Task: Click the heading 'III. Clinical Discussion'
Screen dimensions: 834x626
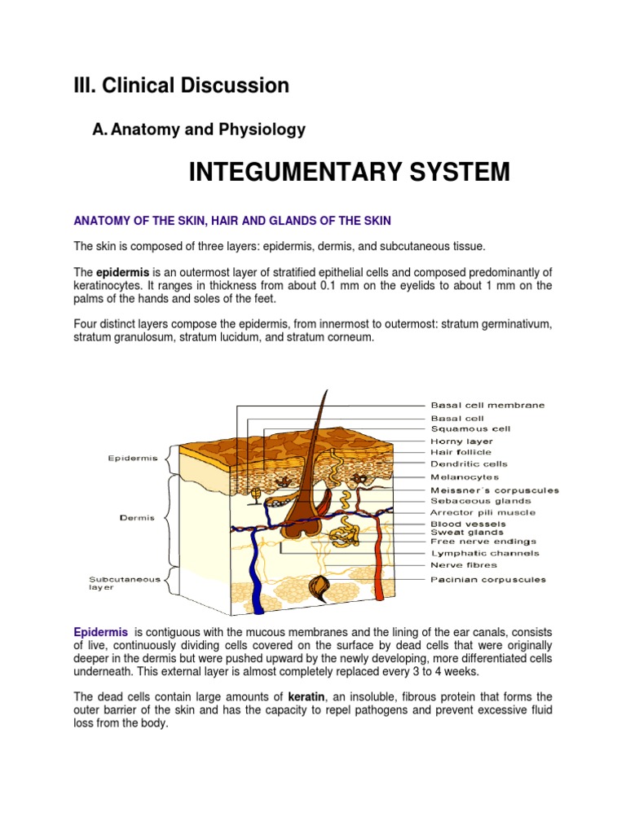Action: tap(181, 86)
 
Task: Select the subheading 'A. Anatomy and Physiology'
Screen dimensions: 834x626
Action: tap(200, 129)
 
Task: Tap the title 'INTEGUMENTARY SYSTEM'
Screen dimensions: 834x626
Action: tap(349, 172)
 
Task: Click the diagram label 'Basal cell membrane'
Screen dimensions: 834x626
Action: tap(487, 405)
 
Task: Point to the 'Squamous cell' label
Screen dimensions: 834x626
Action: tap(471, 428)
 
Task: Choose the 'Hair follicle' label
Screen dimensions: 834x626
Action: tap(461, 452)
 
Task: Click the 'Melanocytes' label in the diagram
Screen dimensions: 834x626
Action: tap(465, 477)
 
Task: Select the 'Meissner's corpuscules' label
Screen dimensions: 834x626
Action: tap(494, 490)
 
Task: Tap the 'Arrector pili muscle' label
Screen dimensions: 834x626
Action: tap(483, 513)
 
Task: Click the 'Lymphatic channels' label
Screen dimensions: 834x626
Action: tap(484, 554)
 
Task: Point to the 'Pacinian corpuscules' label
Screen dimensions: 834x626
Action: tap(488, 580)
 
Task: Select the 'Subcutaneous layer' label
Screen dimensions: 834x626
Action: tap(114, 583)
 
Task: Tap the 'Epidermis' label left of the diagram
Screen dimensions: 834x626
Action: tap(132, 459)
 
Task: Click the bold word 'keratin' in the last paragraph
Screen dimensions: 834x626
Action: tap(306, 696)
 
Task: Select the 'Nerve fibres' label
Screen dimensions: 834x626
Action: tap(463, 564)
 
